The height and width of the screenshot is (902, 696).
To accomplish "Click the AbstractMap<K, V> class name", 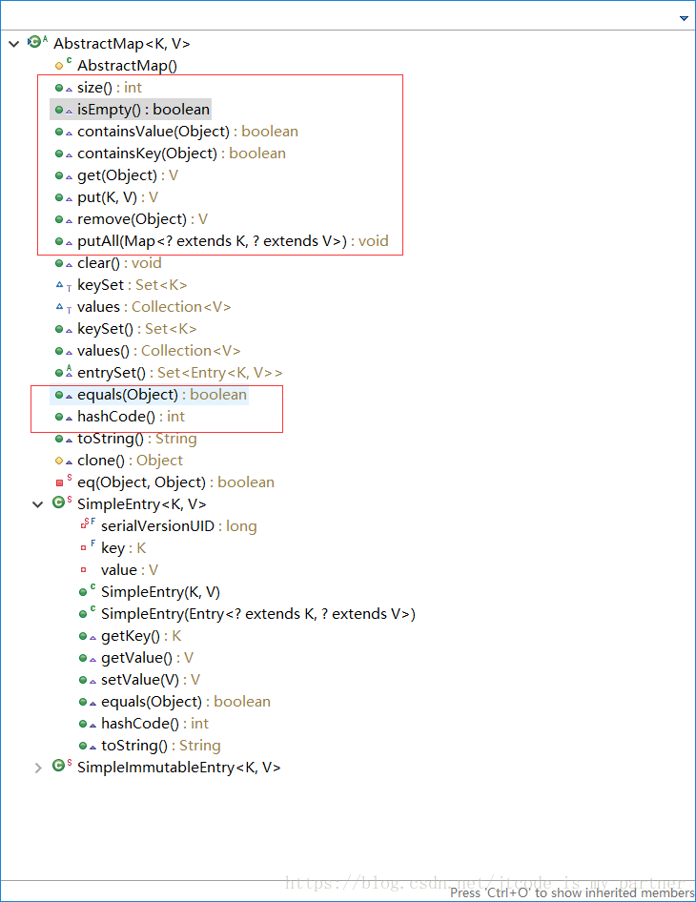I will [121, 44].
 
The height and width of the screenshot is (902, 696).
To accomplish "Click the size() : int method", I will [109, 88].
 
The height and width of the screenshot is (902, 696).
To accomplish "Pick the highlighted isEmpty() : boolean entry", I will [143, 110].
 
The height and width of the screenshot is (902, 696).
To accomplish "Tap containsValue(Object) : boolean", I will [187, 132].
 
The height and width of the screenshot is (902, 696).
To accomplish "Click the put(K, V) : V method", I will [117, 197].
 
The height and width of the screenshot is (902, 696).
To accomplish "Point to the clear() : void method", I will [119, 263].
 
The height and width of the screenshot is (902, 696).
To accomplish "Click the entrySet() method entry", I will [179, 373].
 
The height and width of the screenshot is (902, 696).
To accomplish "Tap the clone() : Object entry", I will [130, 461].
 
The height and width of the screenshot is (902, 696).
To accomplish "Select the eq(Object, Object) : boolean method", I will [175, 482].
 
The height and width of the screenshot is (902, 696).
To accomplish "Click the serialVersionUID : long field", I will [178, 526].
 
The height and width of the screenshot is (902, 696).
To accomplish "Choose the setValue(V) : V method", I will [150, 680].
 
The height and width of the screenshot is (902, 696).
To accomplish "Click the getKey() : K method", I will [140, 636].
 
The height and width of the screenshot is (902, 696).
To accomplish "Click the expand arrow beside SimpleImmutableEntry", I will [38, 768].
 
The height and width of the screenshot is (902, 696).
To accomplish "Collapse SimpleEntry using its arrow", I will [38, 504].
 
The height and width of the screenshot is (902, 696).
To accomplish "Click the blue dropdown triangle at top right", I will [684, 18].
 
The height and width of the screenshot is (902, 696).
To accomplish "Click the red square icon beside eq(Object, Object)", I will [59, 482].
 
